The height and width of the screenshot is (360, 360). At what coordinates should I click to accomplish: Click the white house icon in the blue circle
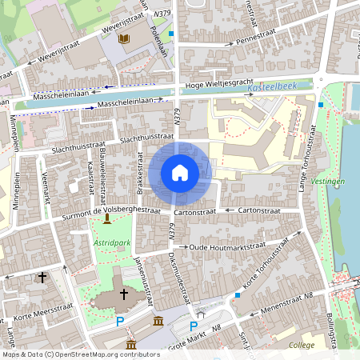point(180,173)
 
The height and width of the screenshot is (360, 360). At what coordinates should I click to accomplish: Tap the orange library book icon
point(123,38)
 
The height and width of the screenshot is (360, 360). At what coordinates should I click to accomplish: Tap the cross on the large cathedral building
point(123,294)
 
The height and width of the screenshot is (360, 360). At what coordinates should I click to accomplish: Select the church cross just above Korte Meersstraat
point(42,277)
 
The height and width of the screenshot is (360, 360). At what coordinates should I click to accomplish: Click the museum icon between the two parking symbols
point(158,322)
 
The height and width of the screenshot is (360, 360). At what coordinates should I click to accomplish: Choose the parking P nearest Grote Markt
point(193,326)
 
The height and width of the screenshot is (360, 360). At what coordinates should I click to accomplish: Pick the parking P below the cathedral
point(120,322)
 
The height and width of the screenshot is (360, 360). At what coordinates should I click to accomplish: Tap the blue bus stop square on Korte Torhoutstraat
point(238,295)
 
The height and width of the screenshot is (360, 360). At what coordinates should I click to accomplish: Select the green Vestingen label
point(334,182)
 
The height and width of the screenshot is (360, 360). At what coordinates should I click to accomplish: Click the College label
point(302,346)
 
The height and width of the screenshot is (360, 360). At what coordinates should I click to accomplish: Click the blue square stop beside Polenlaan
point(171,34)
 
